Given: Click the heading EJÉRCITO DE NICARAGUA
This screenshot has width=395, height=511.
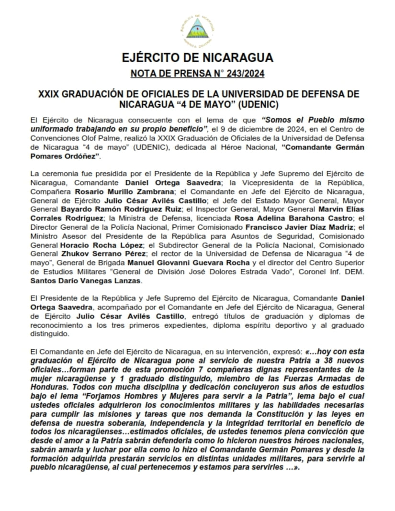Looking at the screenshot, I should coord(197,58).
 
